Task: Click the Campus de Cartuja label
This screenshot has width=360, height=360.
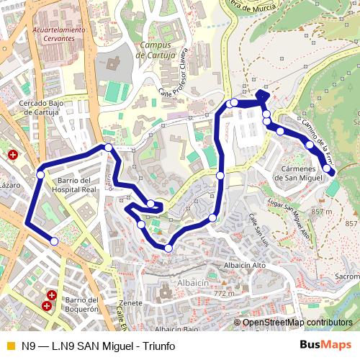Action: [x=157, y=50]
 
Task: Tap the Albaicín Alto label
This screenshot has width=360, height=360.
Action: [x=246, y=266]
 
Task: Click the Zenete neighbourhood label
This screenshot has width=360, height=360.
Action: [x=132, y=303]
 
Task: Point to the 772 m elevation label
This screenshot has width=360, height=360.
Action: [x=225, y=294]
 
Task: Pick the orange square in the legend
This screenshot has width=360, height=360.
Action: [x=9, y=346]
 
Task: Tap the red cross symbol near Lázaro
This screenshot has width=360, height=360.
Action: [x=12, y=155]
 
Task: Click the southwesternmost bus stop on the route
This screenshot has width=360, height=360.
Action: [x=54, y=243]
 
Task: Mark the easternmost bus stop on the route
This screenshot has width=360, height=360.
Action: [x=328, y=169]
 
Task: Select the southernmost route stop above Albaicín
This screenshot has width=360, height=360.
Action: [x=168, y=248]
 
